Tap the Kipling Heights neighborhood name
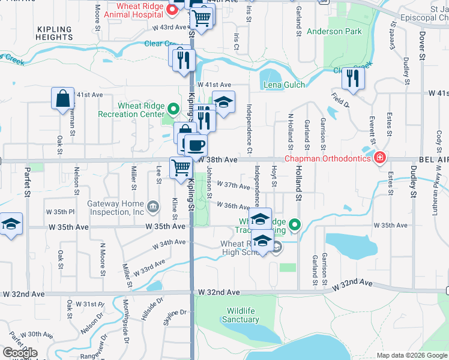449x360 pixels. pos(55,33)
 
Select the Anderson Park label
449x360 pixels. pos(333,31)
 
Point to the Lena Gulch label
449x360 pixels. pos(284,85)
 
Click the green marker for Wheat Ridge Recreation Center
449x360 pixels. pos(173,109)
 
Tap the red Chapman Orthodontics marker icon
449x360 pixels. pos(379,158)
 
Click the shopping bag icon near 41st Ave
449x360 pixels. pos(63,98)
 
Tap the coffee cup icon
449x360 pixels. pos(195,145)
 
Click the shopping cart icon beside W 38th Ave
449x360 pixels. pos(181,167)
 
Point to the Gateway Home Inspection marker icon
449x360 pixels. pos(153,207)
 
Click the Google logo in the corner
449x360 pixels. pos(20,353)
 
